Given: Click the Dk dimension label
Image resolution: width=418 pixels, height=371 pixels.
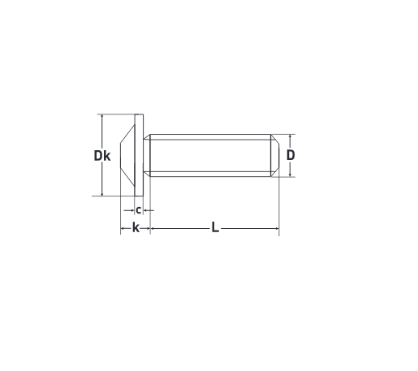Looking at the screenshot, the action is pos(102,156).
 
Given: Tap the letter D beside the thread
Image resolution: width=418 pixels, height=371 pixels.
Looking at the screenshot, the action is pos(291,155).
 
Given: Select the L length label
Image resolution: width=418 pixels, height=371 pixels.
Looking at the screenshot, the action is pos(215,227).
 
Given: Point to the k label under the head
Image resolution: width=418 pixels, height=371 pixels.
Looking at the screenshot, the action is pos(136,227).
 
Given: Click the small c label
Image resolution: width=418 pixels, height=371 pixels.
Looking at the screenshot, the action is pos(139,210).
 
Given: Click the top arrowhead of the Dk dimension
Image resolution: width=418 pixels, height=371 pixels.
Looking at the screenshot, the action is pos(102,116).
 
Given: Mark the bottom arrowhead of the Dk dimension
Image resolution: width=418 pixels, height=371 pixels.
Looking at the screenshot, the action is pos(102,194).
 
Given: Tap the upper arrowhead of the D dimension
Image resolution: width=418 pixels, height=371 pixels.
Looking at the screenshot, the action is pos(290,136).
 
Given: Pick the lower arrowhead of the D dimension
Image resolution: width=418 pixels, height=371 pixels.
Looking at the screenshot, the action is pos(290,175).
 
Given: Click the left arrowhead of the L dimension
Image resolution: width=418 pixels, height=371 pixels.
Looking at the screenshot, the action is pos(152,228).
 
